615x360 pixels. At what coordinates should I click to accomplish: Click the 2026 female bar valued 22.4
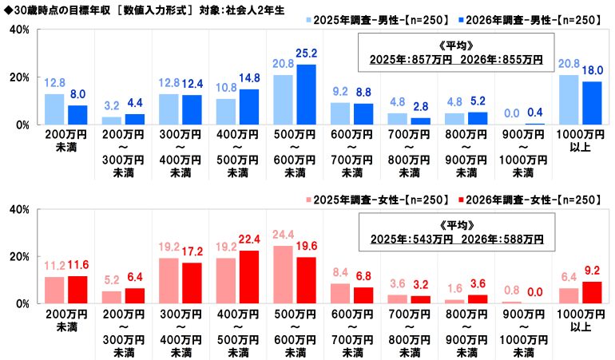248,277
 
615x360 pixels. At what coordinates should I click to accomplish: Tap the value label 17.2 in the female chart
192,251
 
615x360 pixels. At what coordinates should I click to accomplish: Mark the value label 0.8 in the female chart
511,292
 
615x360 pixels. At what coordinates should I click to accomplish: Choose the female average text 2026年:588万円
505,239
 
